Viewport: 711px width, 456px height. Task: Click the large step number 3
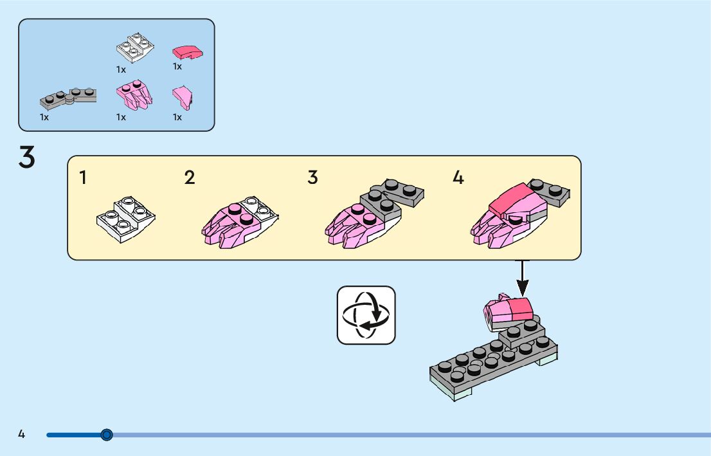[26, 158]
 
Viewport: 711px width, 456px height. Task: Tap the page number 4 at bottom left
[21, 434]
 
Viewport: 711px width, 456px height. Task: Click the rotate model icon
[366, 315]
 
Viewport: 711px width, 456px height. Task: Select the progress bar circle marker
[107, 435]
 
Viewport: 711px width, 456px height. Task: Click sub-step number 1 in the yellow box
[83, 178]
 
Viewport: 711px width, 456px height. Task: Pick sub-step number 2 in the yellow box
[189, 178]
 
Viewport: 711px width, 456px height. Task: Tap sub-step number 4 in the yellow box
[458, 178]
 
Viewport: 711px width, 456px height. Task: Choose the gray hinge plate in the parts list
[68, 98]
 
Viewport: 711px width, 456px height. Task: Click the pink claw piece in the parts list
[134, 96]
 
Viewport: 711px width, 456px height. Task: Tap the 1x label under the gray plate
[44, 118]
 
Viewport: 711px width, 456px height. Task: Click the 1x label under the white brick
[121, 69]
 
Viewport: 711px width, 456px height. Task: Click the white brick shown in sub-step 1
[126, 218]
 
